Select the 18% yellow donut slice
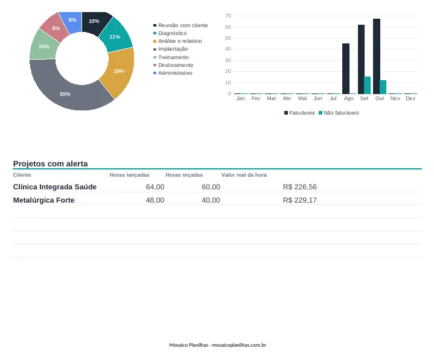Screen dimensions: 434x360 tap(119, 71)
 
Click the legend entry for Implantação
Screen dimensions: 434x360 tap(170, 49)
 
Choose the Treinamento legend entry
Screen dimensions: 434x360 tap(171, 57)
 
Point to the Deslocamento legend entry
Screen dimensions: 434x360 tap(173, 65)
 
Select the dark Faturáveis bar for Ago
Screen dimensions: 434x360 tap(346, 69)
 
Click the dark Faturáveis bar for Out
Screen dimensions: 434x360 tap(377, 57)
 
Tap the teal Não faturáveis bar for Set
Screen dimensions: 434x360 tap(367, 85)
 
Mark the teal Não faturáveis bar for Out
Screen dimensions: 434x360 tap(383, 87)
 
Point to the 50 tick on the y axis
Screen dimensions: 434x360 tap(228, 38)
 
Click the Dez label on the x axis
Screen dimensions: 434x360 tap(410, 98)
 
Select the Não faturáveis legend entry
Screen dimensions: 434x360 tap(339, 113)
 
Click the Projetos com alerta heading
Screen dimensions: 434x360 tap(50, 163)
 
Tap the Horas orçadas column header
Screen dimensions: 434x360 tap(184, 175)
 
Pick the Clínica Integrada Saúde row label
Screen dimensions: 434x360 tap(55, 187)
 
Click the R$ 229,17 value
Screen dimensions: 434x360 tap(300, 200)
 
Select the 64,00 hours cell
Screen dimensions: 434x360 tap(155, 187)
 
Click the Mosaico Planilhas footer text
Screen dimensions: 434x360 tap(217, 345)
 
